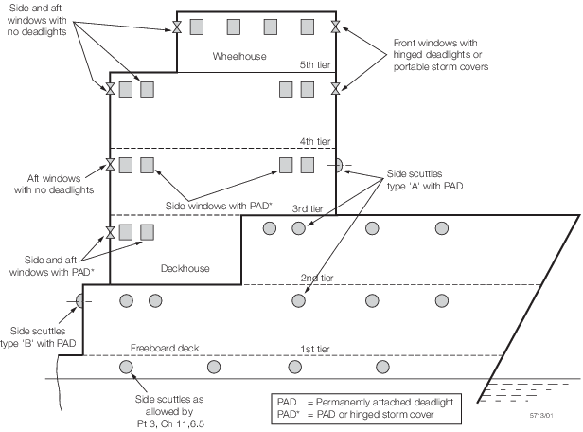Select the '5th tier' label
click(x=310, y=65)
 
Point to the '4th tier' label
click(x=309, y=140)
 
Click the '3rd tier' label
click(x=309, y=208)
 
